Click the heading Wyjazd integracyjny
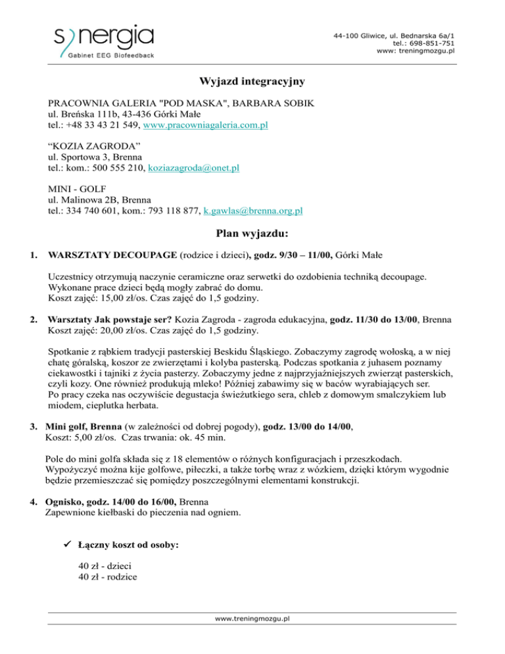click(x=252, y=82)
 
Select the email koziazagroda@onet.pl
click(x=194, y=168)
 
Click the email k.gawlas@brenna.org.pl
click(x=253, y=211)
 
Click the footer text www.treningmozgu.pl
click(x=252, y=618)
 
